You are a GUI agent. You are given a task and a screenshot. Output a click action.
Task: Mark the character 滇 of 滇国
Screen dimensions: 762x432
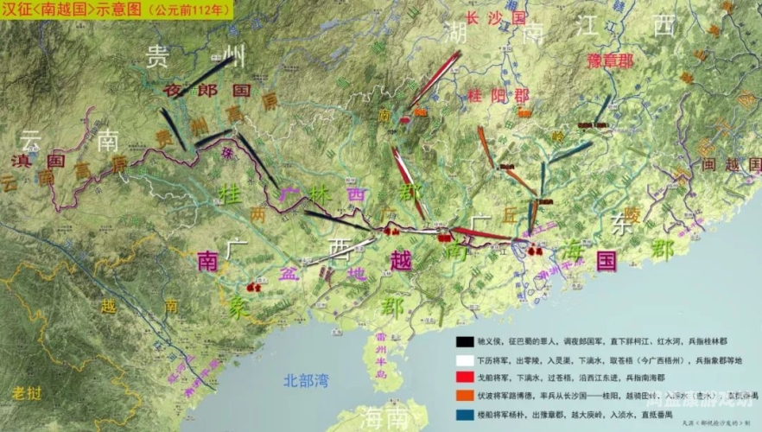pos(20,161)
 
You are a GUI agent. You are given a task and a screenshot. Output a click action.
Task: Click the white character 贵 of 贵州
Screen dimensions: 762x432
pos(157,58)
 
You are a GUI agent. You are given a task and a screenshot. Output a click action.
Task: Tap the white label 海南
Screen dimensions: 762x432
pos(384,418)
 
